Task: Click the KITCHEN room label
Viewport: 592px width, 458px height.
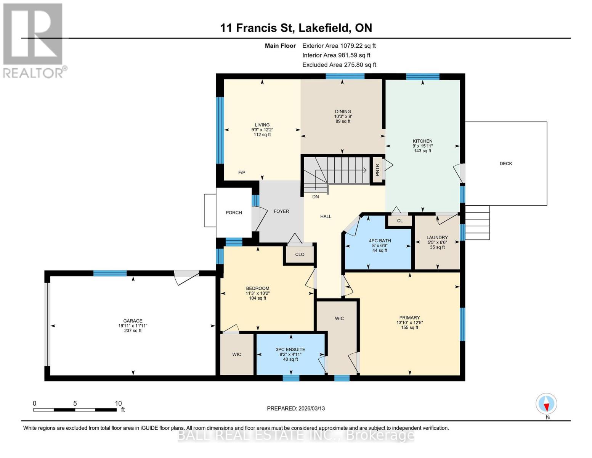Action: point(422,141)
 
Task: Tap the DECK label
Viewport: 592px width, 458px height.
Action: point(505,164)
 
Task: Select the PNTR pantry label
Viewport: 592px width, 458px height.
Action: point(377,169)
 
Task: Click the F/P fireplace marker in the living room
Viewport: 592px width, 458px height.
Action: point(242,173)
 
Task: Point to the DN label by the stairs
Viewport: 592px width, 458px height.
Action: point(315,197)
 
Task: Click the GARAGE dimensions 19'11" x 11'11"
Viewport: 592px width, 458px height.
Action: point(133,326)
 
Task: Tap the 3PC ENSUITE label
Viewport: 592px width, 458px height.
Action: point(290,350)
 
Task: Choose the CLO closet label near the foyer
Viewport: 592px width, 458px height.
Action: point(300,255)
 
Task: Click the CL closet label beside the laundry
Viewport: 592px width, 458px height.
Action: point(399,221)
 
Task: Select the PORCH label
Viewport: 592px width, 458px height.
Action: point(234,213)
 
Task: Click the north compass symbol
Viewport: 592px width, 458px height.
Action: point(546,403)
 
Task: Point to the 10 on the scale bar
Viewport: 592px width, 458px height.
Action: point(118,403)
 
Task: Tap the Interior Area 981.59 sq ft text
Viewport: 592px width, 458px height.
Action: point(336,55)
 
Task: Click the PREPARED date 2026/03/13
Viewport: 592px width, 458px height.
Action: point(296,408)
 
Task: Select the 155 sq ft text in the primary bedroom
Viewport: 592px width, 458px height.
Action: point(409,327)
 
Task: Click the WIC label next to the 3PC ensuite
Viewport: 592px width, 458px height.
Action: point(237,355)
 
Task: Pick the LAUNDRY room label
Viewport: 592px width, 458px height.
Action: point(437,237)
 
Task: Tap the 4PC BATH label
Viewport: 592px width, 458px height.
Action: point(380,241)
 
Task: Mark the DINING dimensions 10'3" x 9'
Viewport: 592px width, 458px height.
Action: point(343,116)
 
